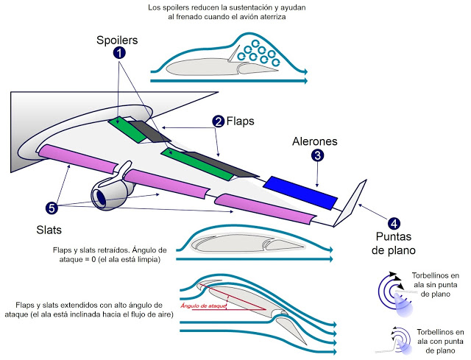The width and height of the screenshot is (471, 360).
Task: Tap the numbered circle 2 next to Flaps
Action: (218, 121)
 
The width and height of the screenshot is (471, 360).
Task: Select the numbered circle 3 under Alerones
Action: (317, 155)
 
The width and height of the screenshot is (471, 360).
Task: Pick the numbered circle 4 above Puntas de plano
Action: (394, 224)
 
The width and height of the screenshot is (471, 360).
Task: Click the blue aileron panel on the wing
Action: (300, 190)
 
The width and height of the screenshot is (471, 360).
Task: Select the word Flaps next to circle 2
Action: (241, 121)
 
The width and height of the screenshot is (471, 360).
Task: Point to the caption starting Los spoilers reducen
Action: (216, 12)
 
